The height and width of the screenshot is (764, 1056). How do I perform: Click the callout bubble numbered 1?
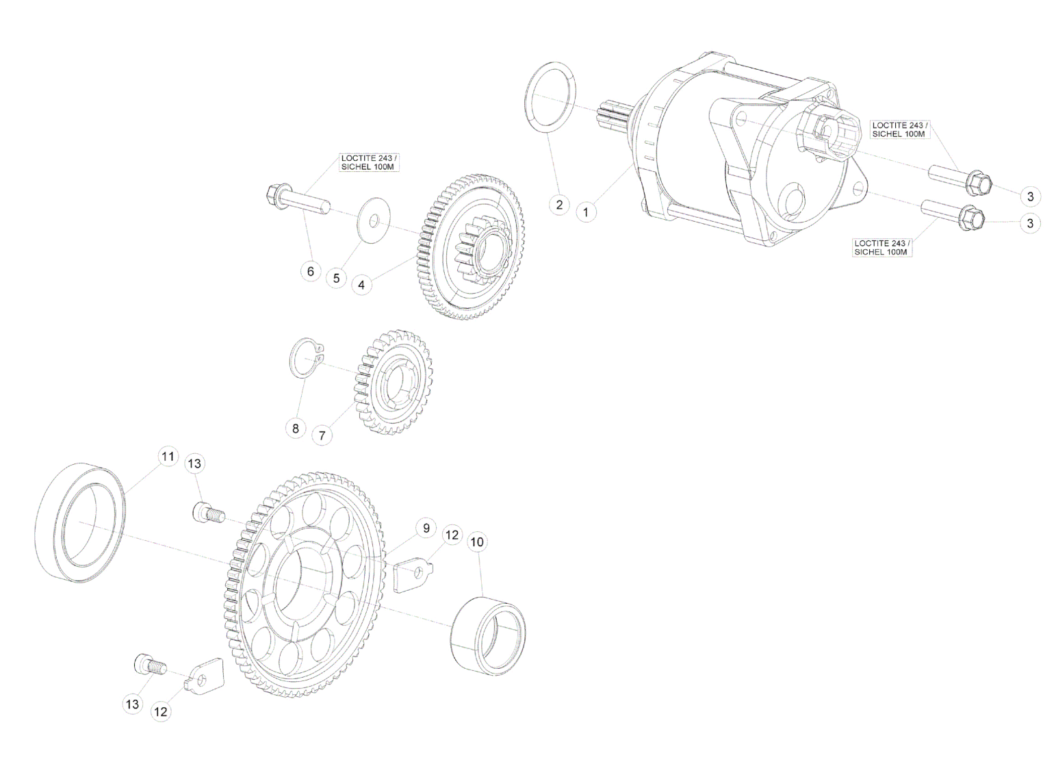pyautogui.click(x=586, y=212)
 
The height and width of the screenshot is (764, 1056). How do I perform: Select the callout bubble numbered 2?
pyautogui.click(x=559, y=205)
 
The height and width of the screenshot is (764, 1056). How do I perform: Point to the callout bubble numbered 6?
pyautogui.click(x=310, y=271)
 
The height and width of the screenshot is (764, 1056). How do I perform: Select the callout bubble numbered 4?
pyautogui.click(x=361, y=285)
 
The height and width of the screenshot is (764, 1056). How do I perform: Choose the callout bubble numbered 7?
pyautogui.click(x=322, y=435)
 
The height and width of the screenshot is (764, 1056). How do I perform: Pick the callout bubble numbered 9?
pyautogui.click(x=426, y=529)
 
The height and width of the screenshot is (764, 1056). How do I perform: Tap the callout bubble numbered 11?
pyautogui.click(x=168, y=457)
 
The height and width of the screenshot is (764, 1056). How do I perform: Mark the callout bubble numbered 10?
pyautogui.click(x=477, y=542)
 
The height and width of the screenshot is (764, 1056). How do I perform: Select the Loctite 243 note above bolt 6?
pyautogui.click(x=370, y=163)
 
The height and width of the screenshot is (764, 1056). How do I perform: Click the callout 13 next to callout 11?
pyautogui.click(x=194, y=463)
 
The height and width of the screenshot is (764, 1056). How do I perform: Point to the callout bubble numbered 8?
pyautogui.click(x=296, y=429)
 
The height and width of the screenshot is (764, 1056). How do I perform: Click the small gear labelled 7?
pyautogui.click(x=393, y=382)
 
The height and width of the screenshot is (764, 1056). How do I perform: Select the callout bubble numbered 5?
pyautogui.click(x=336, y=278)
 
